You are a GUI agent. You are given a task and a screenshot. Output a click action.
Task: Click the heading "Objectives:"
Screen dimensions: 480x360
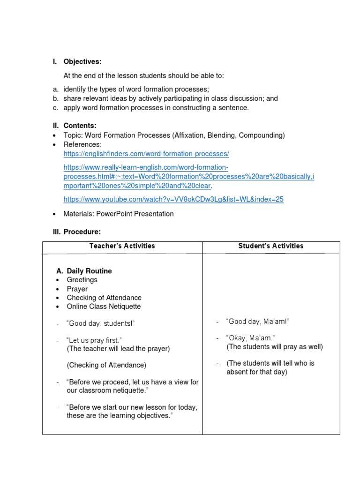82,62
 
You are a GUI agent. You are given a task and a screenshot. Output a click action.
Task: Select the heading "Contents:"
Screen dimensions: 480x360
80,126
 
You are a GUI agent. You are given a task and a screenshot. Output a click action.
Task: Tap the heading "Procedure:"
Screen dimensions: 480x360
82,232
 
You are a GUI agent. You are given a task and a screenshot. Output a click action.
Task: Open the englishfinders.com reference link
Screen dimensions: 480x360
146,154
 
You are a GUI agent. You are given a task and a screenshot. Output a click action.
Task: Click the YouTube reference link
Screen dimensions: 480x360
173,199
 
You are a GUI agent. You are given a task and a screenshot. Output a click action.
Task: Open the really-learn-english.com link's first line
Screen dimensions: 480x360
146,167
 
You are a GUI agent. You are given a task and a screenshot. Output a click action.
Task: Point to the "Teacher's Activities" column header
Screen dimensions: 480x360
122,246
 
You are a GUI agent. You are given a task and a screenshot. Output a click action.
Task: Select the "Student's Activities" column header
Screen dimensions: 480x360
270,246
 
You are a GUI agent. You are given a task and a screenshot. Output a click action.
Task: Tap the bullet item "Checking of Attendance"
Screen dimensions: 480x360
104,298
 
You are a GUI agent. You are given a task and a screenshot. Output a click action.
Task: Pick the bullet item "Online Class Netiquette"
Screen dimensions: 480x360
104,307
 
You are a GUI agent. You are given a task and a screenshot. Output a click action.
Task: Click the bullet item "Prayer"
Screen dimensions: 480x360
77,289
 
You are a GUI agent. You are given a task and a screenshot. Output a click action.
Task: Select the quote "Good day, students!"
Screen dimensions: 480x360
101,323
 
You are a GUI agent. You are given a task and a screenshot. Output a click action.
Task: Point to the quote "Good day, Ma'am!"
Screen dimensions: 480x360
257,322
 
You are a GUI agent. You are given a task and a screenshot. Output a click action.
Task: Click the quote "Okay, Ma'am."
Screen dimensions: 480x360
250,338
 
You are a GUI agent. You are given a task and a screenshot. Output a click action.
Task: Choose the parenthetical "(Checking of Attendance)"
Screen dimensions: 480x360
106,365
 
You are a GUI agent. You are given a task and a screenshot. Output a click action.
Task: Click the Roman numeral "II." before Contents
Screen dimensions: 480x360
55,126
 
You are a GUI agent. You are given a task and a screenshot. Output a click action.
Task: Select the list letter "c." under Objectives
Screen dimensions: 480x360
55,108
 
